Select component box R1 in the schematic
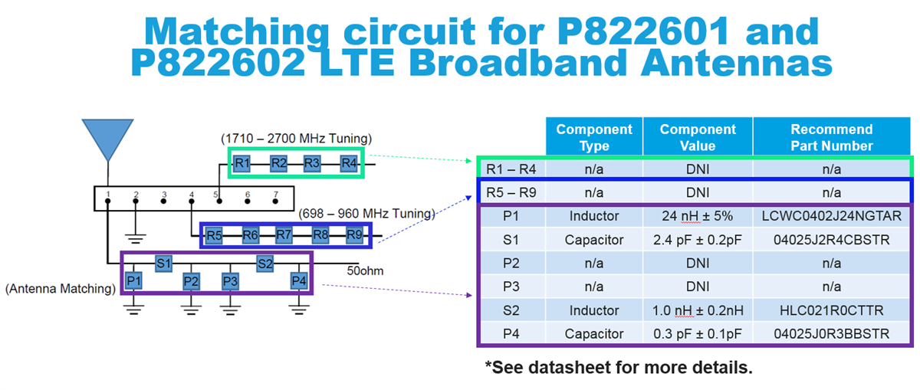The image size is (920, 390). [x=242, y=163]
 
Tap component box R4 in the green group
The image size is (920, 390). [x=349, y=163]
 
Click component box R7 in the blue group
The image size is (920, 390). [x=284, y=235]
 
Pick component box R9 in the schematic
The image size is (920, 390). [x=353, y=235]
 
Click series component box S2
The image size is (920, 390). [x=265, y=264]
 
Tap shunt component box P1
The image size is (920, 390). [x=134, y=281]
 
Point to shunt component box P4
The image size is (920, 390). [x=299, y=281]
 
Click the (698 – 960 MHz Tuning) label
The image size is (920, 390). [x=366, y=213]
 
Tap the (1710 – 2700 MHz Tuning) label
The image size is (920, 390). [x=296, y=139]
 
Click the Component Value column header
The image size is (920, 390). [x=697, y=137]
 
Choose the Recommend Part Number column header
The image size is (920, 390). [x=831, y=137]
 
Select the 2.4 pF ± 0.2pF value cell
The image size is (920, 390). [x=697, y=240]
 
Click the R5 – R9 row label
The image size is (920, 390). [x=511, y=192]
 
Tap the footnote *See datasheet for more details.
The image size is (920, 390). [x=619, y=368]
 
